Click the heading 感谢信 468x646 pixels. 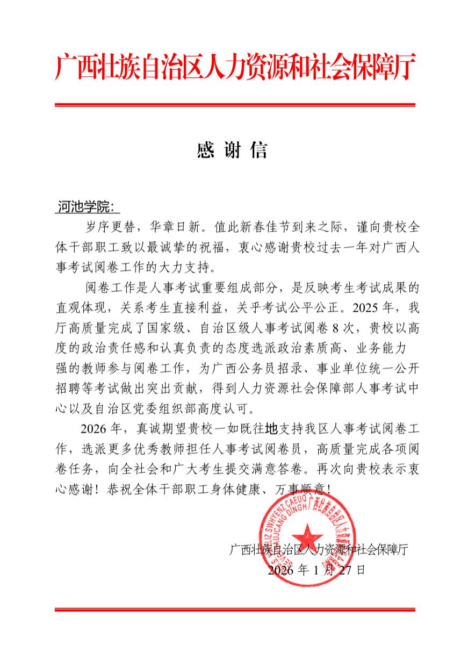point(232,151)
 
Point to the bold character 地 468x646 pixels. point(272,428)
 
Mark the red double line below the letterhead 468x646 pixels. point(235,104)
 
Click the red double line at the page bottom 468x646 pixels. point(235,609)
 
